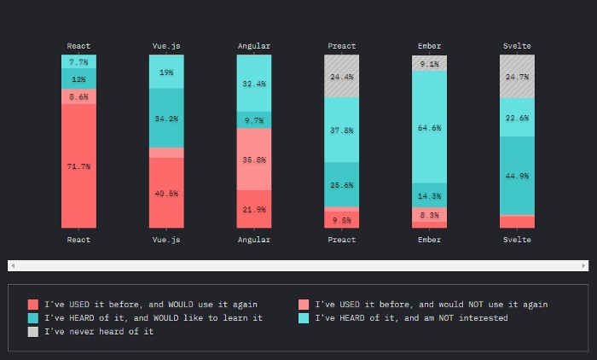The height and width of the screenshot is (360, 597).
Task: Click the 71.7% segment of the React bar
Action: (x=78, y=166)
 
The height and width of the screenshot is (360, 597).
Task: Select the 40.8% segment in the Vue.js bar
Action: (x=166, y=193)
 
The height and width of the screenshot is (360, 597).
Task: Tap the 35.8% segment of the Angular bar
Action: (x=254, y=160)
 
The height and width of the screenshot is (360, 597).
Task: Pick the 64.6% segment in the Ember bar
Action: (x=430, y=127)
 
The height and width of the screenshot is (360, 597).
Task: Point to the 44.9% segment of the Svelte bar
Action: (x=517, y=176)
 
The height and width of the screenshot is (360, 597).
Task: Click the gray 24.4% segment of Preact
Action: (x=342, y=76)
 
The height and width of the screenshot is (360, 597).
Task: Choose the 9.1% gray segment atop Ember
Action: (x=430, y=63)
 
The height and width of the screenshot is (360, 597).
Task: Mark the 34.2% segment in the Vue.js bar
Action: (x=166, y=119)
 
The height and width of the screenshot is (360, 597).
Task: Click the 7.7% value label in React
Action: (x=78, y=61)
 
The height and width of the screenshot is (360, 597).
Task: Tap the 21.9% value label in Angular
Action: (x=254, y=209)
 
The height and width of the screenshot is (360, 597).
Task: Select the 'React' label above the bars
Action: (x=78, y=46)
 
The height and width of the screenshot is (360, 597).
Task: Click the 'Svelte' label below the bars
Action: (x=517, y=240)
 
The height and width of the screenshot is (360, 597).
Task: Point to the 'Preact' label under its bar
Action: (x=342, y=240)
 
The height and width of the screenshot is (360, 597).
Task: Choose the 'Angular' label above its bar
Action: (x=254, y=46)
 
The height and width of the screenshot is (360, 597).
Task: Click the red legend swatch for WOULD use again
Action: (x=32, y=305)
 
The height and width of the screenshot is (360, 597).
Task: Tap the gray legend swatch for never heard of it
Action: (x=32, y=331)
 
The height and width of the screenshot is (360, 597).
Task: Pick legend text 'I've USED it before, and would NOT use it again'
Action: (x=431, y=305)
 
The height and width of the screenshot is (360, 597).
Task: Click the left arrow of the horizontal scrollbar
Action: (x=12, y=266)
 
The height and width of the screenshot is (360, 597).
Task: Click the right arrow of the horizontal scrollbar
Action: (x=584, y=266)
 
